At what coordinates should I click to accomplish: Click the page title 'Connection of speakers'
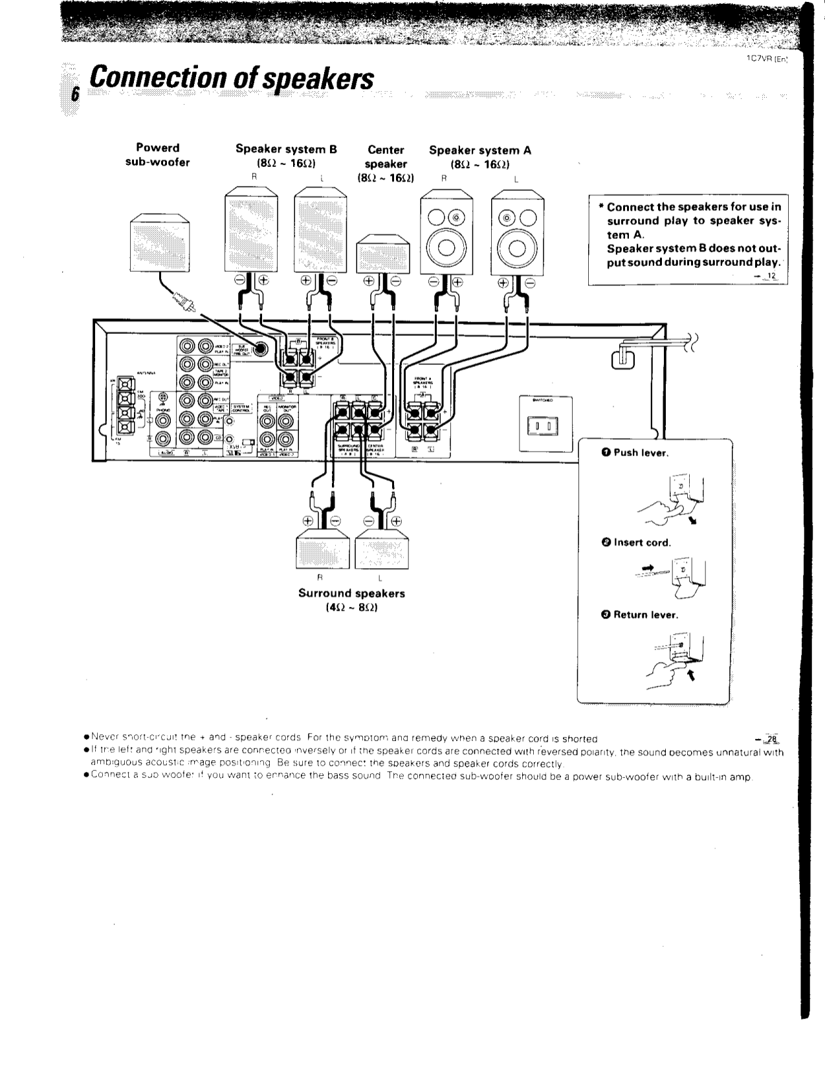(x=232, y=80)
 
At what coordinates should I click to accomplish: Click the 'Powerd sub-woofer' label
(x=157, y=155)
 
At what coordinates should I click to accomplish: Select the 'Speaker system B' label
(x=286, y=149)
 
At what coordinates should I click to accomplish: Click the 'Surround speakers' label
(x=351, y=593)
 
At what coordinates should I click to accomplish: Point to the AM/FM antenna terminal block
(x=125, y=408)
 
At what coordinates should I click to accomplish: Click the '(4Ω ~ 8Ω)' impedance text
(x=351, y=608)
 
